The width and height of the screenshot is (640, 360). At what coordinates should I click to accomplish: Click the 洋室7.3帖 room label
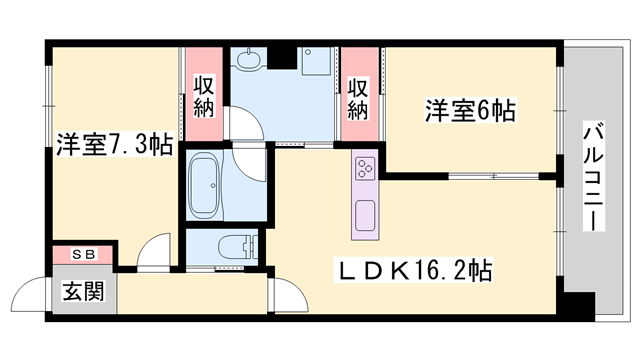113,146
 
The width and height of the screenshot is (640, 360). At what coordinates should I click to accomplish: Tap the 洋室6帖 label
469,111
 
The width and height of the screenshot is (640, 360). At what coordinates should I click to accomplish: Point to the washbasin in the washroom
247,61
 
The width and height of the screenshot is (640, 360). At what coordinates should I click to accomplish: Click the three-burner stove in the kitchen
363,170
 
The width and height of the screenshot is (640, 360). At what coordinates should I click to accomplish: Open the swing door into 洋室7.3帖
154,254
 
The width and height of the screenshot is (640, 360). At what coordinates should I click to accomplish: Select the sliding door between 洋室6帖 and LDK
495,177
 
